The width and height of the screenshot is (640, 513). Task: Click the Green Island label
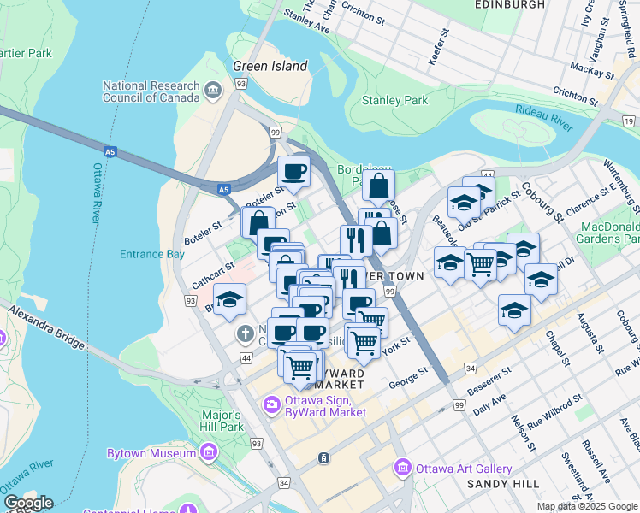(270, 66)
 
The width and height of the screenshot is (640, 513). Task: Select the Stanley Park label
(394, 100)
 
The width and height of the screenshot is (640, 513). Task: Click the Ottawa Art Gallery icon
(402, 468)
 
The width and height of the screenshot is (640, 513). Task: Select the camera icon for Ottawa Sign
(272, 404)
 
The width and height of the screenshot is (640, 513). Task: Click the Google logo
(27, 503)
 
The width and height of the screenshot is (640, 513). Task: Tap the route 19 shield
(630, 122)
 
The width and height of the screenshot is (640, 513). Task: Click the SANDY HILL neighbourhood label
(502, 484)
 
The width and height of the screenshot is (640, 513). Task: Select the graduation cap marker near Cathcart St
(228, 299)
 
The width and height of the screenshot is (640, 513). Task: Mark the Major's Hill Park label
(222, 420)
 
